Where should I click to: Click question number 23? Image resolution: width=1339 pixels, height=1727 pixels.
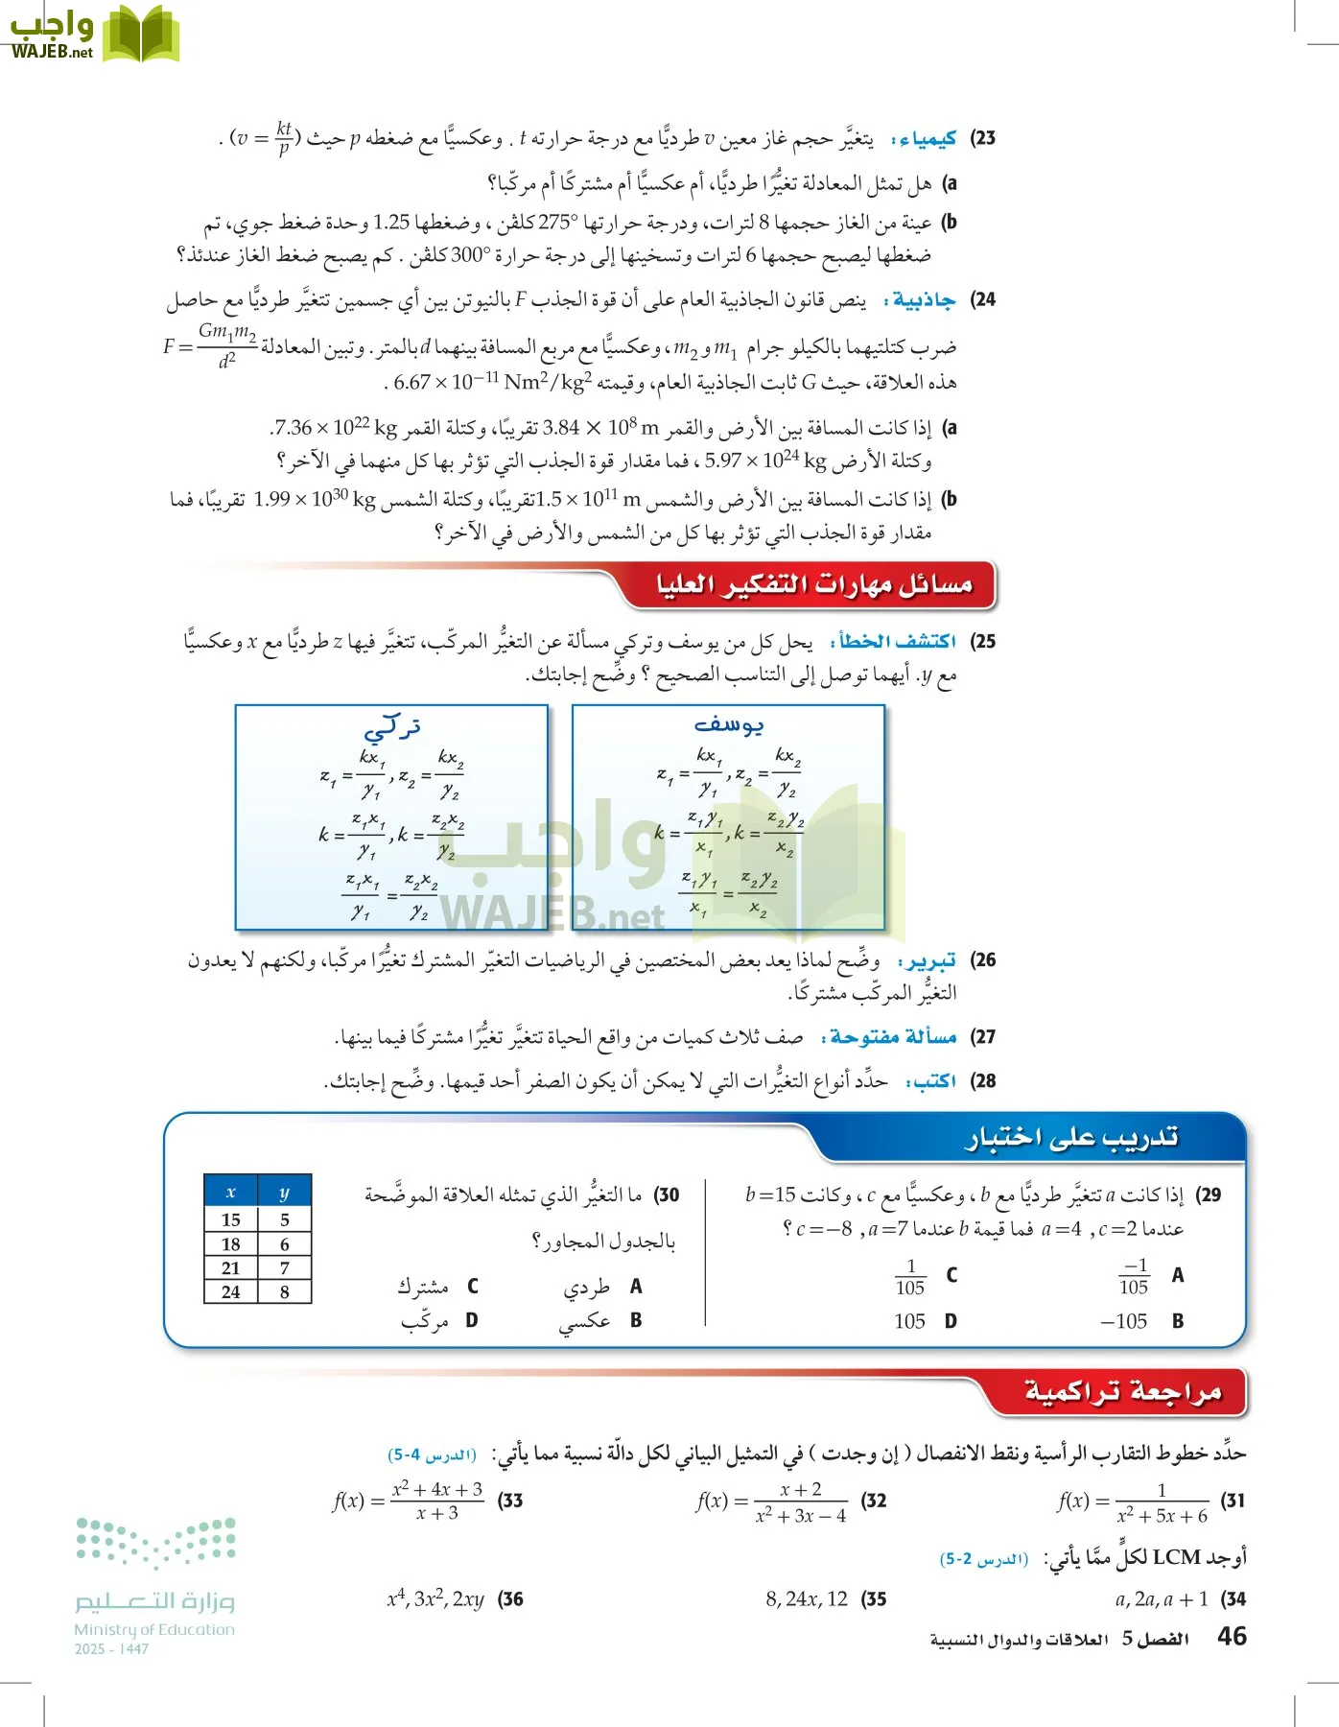coord(983,138)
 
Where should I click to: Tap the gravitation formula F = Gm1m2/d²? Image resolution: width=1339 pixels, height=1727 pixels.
coord(210,345)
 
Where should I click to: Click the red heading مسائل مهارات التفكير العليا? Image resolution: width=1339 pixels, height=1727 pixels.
coord(813,584)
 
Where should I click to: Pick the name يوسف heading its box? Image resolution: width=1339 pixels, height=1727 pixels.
coord(729,725)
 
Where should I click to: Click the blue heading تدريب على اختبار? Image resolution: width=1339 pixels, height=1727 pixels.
coord(1071,1138)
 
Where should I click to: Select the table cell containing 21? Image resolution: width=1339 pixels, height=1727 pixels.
coord(231,1267)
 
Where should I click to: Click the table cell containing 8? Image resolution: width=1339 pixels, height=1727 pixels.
coord(285,1291)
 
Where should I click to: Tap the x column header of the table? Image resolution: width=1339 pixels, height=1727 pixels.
coord(231,1193)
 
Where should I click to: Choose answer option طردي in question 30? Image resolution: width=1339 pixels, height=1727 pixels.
coord(586,1287)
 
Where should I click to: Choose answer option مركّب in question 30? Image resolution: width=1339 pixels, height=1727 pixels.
coord(425,1321)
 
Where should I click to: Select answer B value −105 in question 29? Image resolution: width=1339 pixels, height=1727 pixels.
coord(1123,1321)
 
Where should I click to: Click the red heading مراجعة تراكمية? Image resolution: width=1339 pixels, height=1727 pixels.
coord(1123,1391)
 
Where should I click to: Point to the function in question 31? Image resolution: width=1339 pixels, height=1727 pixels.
coord(1133,1502)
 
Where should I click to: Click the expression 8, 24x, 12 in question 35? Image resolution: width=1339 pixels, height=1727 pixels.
coord(807,1598)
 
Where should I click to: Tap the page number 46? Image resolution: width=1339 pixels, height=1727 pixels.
coord(1232,1636)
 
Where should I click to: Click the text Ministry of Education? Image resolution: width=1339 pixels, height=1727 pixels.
coord(154,1629)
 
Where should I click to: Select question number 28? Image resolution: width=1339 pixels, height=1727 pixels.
coord(983,1081)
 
